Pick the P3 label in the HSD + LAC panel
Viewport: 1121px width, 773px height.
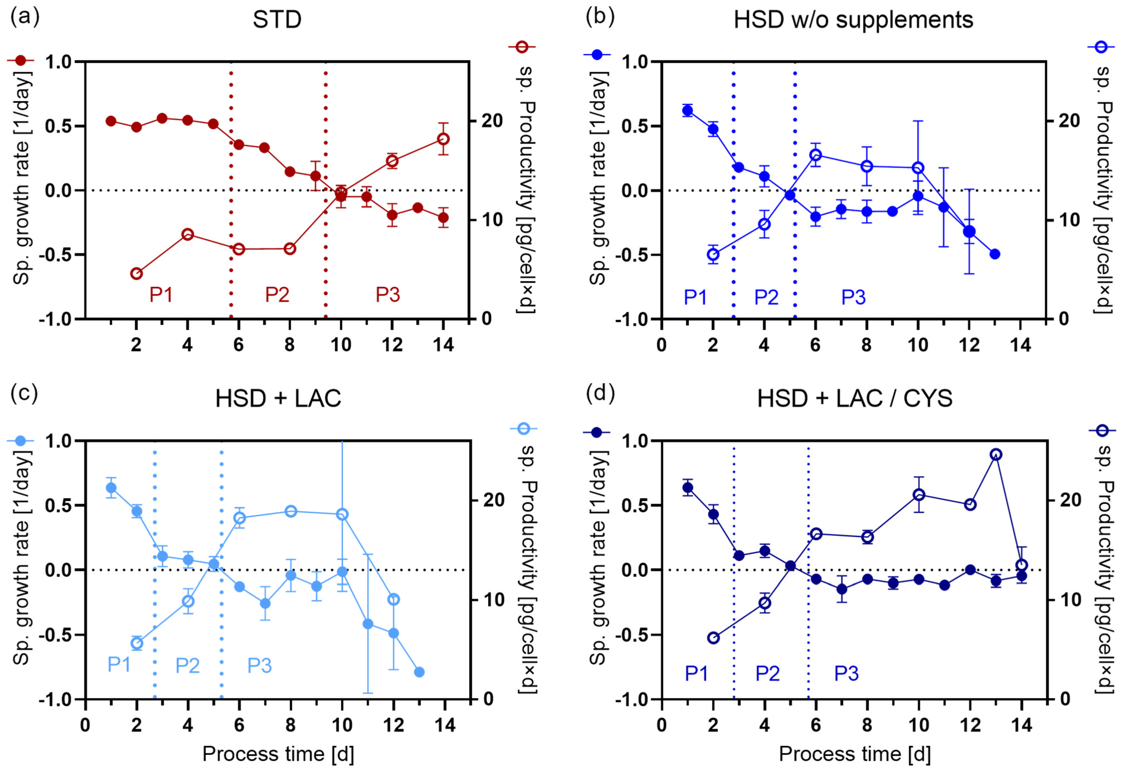pos(260,665)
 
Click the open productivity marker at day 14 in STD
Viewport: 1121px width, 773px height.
pos(443,139)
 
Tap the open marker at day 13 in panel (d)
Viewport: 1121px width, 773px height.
pos(996,454)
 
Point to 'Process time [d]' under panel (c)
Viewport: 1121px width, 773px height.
pos(278,754)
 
